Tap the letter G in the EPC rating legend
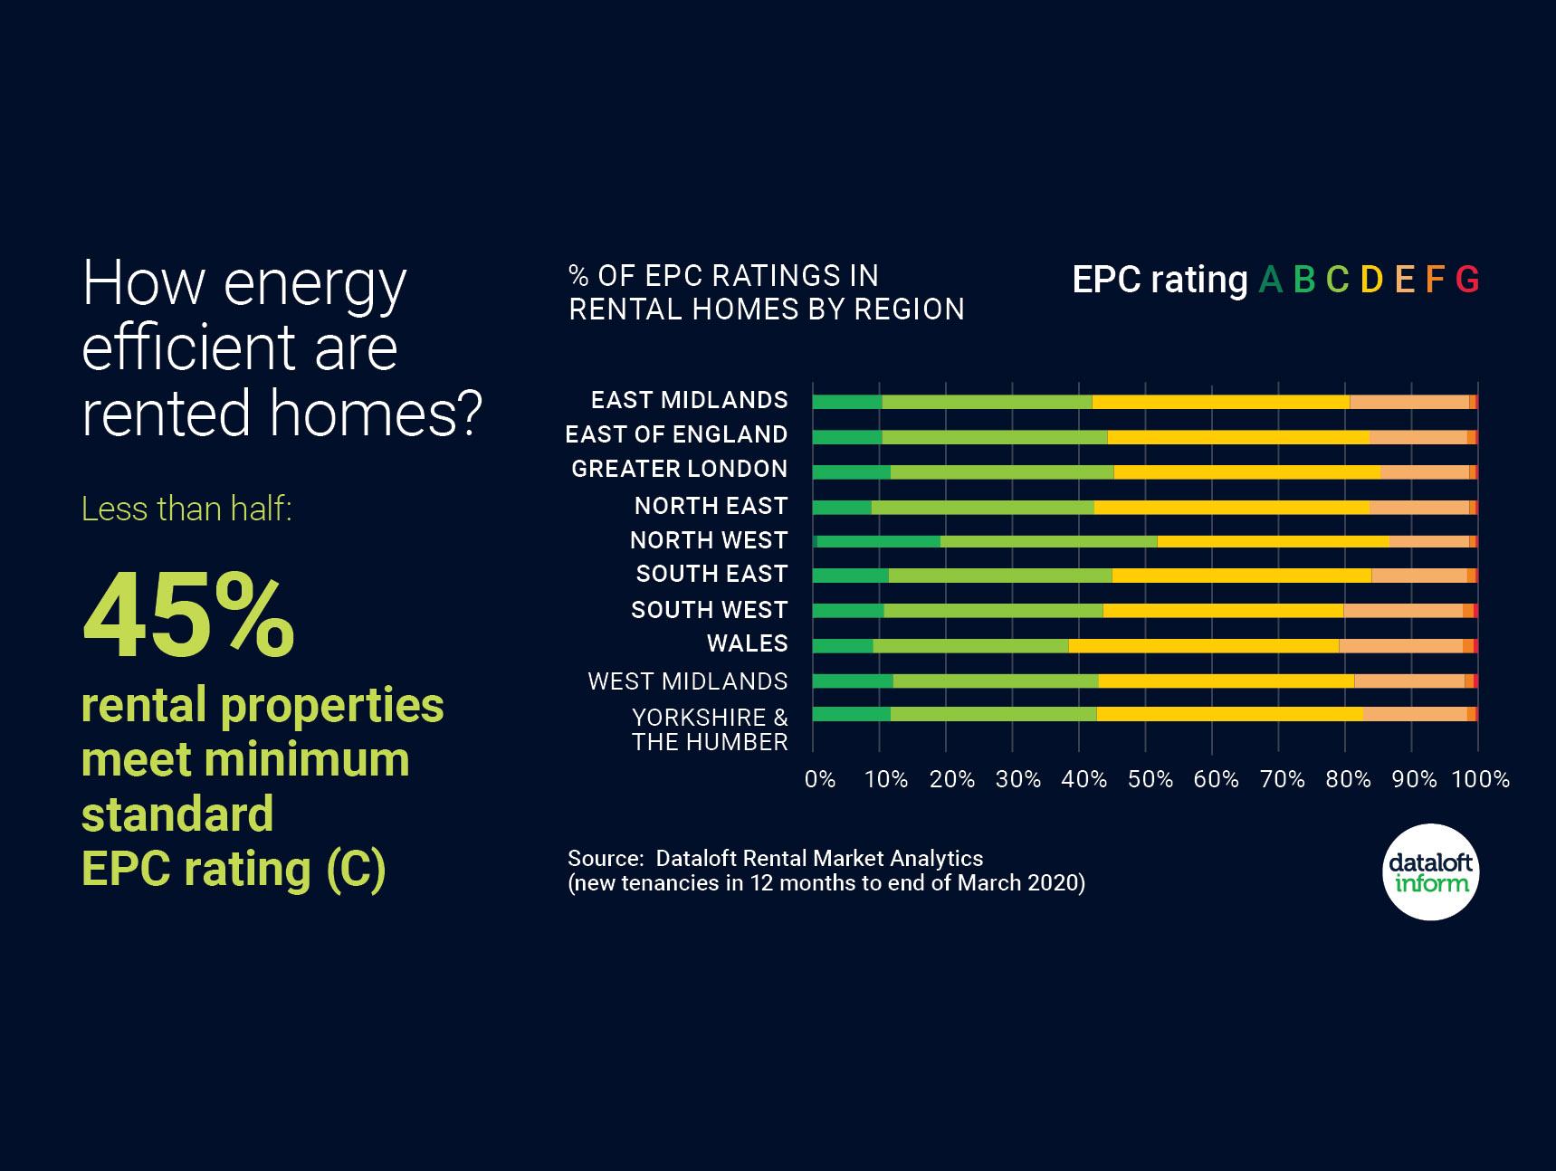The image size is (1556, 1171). (x=1467, y=281)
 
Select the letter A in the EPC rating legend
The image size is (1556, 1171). (x=1270, y=281)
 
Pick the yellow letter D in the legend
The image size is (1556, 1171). (x=1371, y=281)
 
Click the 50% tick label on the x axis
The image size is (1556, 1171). (x=1150, y=779)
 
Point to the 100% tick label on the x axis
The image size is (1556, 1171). (x=1480, y=779)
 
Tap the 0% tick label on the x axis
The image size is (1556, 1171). (x=819, y=779)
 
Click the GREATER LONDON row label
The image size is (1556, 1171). (x=679, y=469)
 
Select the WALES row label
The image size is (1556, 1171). (x=747, y=643)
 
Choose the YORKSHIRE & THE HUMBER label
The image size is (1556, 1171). (x=710, y=729)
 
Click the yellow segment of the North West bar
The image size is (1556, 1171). (x=1273, y=541)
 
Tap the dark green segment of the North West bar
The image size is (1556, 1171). (x=878, y=541)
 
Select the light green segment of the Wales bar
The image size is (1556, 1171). (x=970, y=645)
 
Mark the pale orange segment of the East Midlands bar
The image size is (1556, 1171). (x=1408, y=402)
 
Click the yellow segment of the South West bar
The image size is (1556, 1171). (x=1222, y=611)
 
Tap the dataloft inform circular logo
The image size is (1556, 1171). (x=1430, y=872)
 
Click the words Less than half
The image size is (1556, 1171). (x=186, y=509)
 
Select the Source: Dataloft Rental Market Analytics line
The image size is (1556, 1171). (x=775, y=858)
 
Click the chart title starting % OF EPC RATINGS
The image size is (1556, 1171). (x=766, y=292)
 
